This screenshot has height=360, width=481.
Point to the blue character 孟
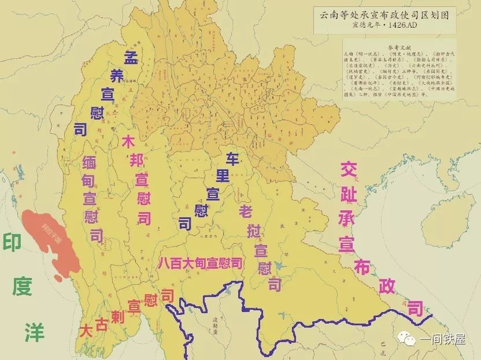point(130,57)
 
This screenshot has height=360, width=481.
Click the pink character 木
point(129,142)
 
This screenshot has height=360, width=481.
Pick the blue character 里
point(223,175)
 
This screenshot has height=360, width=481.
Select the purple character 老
point(245,211)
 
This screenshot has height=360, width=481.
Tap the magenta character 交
point(347,169)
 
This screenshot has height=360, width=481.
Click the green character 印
point(12,242)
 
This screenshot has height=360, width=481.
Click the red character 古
point(102,325)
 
